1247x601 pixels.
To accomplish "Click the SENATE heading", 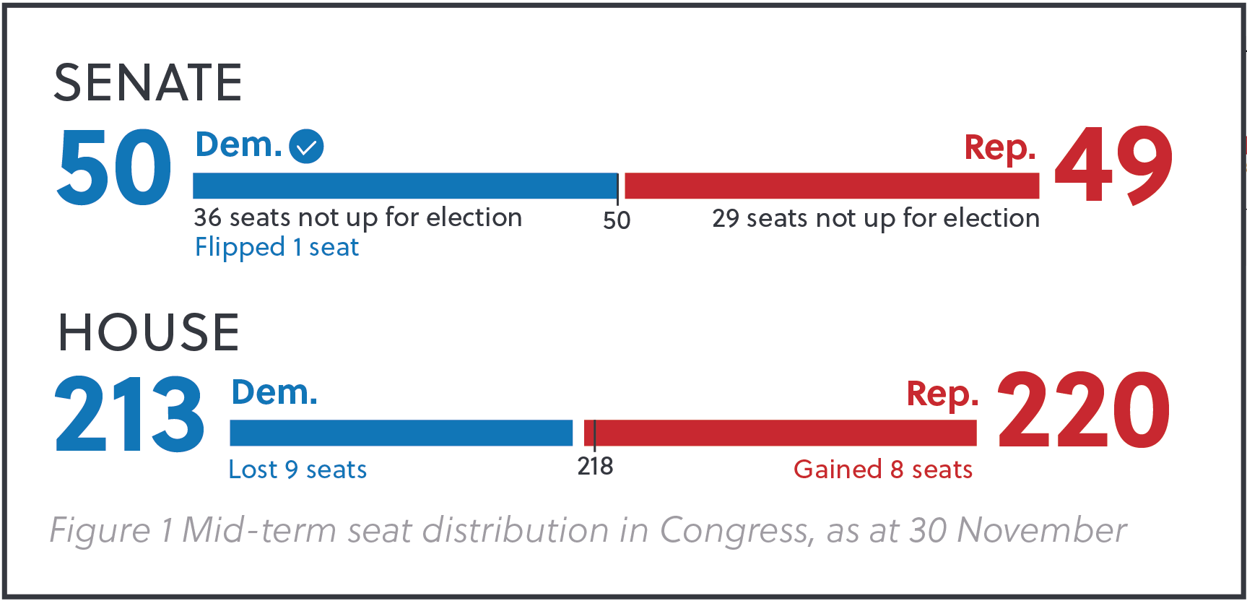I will pos(148,82).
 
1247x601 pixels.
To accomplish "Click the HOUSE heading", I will pos(148,332).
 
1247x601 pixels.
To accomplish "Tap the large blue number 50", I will pos(114,168).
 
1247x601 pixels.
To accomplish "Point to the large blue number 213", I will pos(130,415).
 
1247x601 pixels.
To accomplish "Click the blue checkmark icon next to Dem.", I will pos(306,147).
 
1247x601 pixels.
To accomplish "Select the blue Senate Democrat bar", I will pos(404,186).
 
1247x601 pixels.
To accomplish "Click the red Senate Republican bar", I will pos(830,186).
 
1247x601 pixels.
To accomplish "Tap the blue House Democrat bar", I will pos(401,433).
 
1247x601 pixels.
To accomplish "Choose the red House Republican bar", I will pos(780,433).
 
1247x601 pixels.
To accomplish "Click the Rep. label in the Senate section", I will pos(1000,148).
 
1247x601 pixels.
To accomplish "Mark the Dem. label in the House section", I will pos(274,393).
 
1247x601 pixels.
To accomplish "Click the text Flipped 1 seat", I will pos(277,248).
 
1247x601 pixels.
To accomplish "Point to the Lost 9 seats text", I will pos(297,470).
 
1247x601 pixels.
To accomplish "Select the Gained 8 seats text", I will pos(883,470).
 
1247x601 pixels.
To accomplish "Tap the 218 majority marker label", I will pos(595,467).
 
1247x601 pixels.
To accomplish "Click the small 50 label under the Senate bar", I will pos(617,220).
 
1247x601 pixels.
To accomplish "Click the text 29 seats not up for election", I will pos(875,218).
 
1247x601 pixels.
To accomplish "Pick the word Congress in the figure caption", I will pos(736,531).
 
